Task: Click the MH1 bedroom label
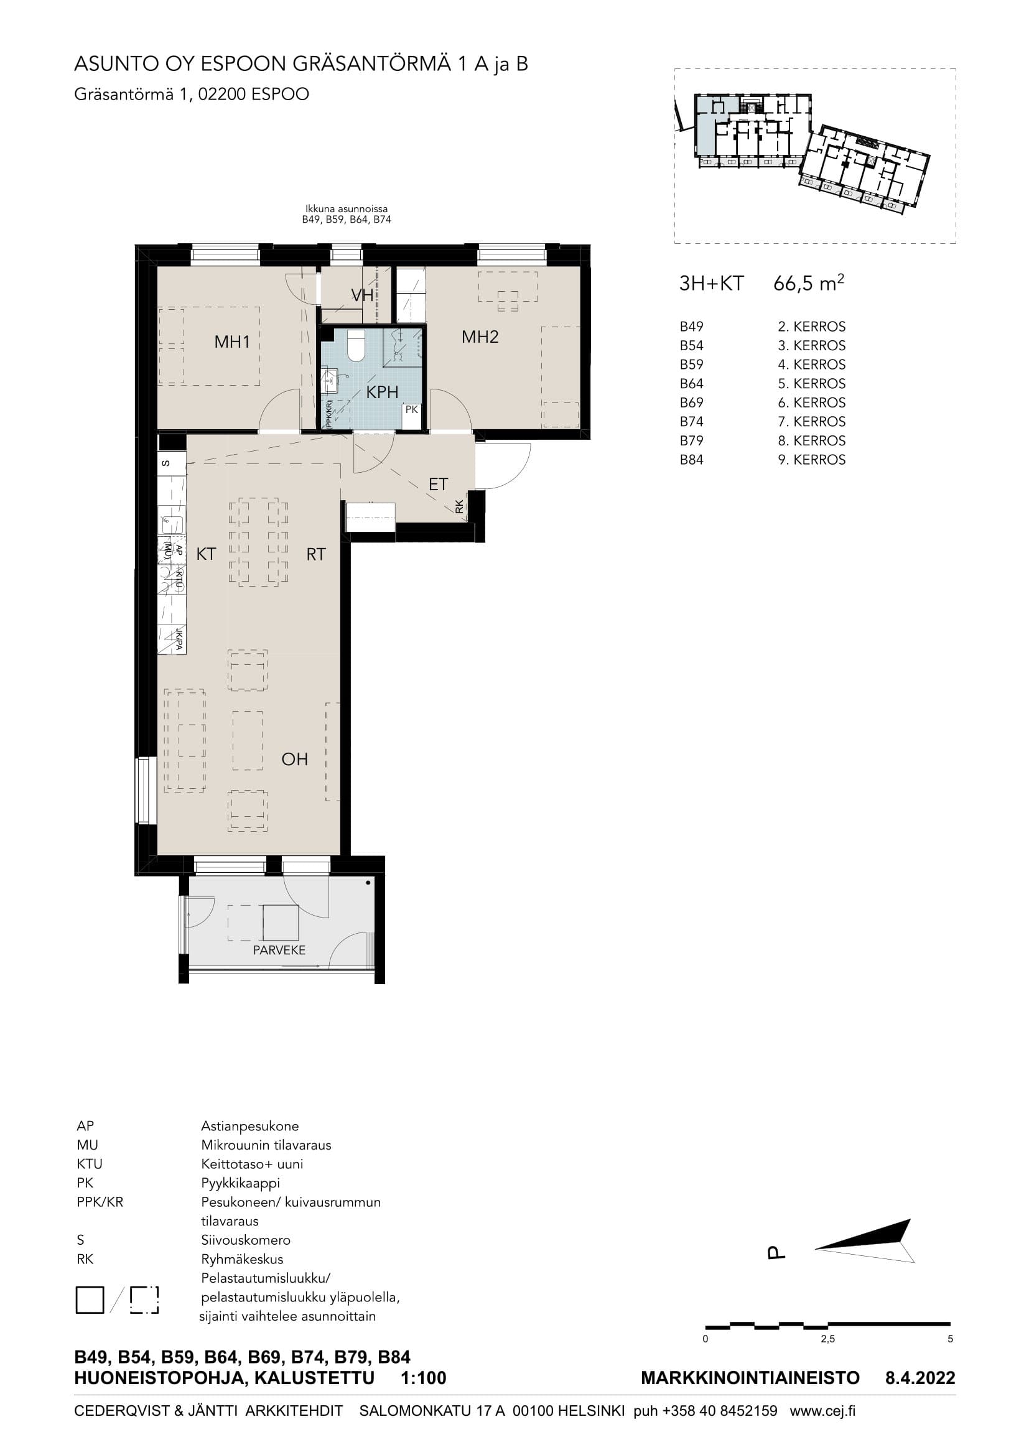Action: point(232,342)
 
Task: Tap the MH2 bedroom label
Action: point(480,337)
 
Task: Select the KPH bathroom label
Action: point(382,393)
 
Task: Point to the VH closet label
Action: point(363,295)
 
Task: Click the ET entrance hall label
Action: point(438,485)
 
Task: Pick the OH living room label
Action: point(295,758)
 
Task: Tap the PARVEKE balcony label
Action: point(279,950)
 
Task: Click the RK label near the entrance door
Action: point(459,506)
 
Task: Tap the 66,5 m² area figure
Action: point(809,282)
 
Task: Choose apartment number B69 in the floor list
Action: point(691,403)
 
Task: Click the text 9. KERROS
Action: point(812,460)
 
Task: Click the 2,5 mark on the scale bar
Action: point(827,1340)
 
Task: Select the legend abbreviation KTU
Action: point(90,1164)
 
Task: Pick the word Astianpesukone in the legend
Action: point(249,1127)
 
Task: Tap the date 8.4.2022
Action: point(920,1378)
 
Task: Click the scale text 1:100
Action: point(424,1378)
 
